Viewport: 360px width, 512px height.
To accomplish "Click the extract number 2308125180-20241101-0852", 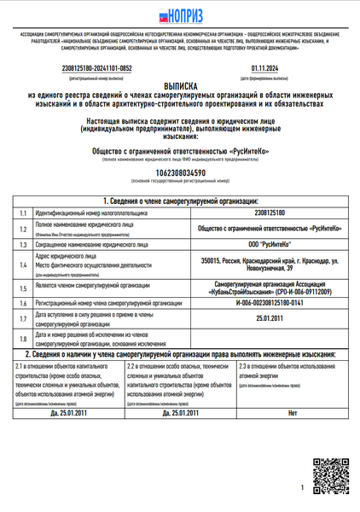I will pyautogui.click(x=97, y=67).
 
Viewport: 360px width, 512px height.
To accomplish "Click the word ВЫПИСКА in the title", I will pyautogui.click(x=180, y=86).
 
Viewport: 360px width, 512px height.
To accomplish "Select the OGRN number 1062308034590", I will pyautogui.click(x=180, y=172).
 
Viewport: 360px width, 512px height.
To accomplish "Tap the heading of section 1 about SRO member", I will pyautogui.click(x=180, y=200).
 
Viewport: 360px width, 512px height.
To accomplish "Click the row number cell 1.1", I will pyautogui.click(x=23, y=212).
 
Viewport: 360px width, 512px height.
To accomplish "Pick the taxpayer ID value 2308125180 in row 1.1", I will pyautogui.click(x=270, y=212).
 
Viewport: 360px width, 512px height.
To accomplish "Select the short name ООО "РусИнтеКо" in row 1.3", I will pyautogui.click(x=270, y=244).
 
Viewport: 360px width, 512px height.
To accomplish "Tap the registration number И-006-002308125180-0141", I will pyautogui.click(x=270, y=304).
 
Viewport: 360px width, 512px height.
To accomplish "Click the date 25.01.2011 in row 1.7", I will pyautogui.click(x=270, y=320).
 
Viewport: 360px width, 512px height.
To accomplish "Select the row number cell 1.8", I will pyautogui.click(x=23, y=338).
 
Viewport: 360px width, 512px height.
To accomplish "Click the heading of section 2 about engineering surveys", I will pyautogui.click(x=180, y=353).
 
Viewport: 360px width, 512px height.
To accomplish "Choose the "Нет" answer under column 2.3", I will pyautogui.click(x=292, y=412).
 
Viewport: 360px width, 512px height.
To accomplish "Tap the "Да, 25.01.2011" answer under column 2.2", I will pyautogui.click(x=180, y=412).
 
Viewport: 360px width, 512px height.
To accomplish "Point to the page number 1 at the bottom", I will pyautogui.click(x=302, y=487).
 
